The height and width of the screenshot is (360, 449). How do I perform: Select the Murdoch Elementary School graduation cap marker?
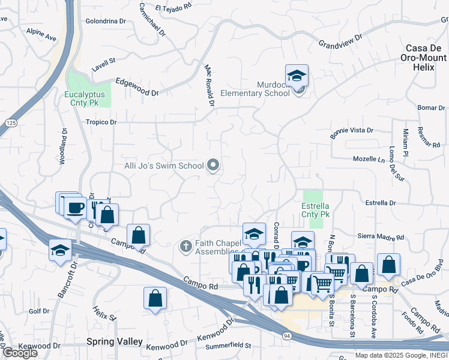click(297, 76)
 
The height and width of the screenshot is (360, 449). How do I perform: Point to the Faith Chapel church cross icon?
click(186, 246)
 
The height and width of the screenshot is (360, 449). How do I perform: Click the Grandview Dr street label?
click(340, 41)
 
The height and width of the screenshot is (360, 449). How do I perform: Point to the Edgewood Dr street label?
click(136, 88)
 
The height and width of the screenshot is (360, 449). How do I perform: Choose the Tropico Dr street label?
click(100, 122)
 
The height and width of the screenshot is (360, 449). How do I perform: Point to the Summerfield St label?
click(228, 345)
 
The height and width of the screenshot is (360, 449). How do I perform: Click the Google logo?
click(20, 353)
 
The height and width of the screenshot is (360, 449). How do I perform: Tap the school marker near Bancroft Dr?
click(60, 250)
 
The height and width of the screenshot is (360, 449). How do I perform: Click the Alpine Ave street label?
click(41, 34)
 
